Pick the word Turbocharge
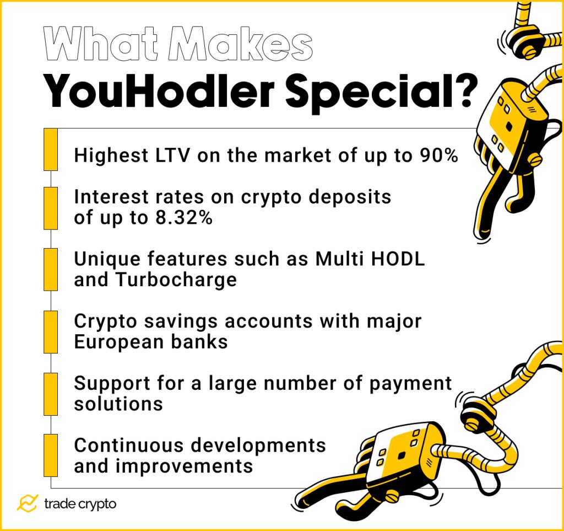tap(176, 280)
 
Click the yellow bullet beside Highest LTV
tap(51, 149)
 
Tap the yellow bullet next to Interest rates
tap(51, 208)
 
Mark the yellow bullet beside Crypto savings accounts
tap(51, 332)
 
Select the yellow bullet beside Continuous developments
tap(51, 455)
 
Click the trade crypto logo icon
tap(27, 503)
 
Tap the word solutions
tap(118, 404)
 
